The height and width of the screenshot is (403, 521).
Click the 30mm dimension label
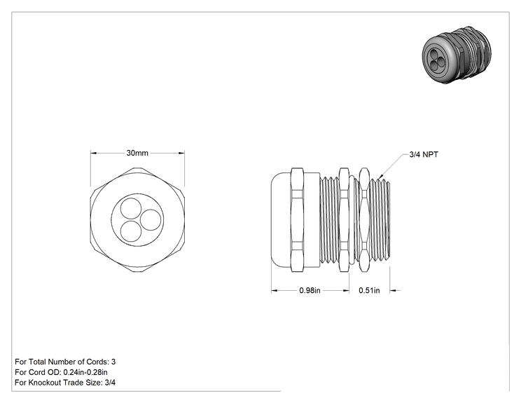(137, 153)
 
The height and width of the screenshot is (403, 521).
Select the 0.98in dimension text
(310, 290)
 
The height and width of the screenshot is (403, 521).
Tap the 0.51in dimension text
(369, 290)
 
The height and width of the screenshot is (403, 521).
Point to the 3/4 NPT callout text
(424, 155)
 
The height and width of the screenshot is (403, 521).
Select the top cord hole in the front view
(130, 209)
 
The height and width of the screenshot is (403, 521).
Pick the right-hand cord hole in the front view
(151, 220)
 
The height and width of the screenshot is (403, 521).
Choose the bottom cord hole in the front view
(130, 231)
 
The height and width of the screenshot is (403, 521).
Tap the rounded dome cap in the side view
(281, 220)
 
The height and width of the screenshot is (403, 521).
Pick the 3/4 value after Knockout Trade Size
(110, 383)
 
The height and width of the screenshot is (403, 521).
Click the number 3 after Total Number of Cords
(113, 362)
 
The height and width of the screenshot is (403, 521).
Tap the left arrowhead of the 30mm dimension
(93, 153)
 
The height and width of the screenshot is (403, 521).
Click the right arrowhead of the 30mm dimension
(181, 153)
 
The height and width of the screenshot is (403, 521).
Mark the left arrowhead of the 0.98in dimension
(274, 291)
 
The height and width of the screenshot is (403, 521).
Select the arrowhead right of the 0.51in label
(393, 291)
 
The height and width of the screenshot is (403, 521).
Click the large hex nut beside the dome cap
(297, 220)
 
